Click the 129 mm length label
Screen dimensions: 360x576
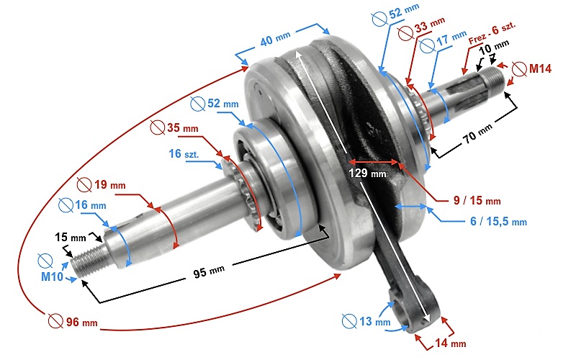tap(367, 173)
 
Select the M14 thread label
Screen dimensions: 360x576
tap(539, 69)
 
